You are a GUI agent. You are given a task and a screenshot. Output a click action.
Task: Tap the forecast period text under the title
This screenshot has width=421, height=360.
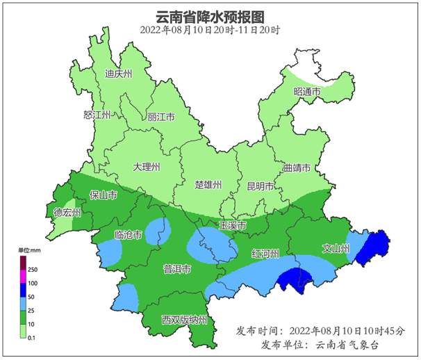tap(210, 30)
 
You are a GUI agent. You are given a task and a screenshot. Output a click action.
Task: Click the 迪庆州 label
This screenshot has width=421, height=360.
tap(118, 74)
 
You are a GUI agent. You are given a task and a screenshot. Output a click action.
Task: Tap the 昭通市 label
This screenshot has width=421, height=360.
tap(306, 92)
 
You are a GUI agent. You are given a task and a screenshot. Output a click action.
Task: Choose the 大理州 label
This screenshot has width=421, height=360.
tap(147, 167)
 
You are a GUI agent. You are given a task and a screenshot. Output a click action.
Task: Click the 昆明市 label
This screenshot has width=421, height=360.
tap(261, 186)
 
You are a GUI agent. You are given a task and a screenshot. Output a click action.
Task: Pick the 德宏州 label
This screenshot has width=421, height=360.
tap(67, 213)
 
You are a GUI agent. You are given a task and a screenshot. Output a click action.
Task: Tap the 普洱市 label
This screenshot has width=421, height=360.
tap(176, 269)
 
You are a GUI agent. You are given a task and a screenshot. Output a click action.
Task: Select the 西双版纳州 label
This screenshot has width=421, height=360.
tap(184, 320)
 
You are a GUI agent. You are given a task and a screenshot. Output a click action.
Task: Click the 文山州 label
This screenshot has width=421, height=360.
tap(336, 247)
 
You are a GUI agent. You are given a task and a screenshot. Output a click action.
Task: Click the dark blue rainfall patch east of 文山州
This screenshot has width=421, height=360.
tap(374, 247)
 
